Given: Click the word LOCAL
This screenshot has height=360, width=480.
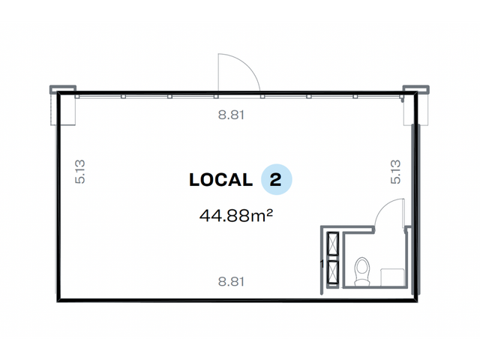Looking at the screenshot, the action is pyautogui.click(x=220, y=180).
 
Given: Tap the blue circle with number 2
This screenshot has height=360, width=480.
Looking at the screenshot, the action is pyautogui.click(x=277, y=179).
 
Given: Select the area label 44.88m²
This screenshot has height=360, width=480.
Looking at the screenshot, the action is pyautogui.click(x=236, y=215).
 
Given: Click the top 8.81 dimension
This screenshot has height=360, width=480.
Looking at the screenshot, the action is pyautogui.click(x=231, y=115).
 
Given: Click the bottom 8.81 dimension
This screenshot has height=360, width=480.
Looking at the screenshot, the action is pyautogui.click(x=231, y=281).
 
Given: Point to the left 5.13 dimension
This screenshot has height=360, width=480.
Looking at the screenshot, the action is pyautogui.click(x=80, y=172).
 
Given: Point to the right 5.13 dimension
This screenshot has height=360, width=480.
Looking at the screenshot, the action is pyautogui.click(x=395, y=172).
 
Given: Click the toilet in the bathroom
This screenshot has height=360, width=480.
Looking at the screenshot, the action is pyautogui.click(x=361, y=271).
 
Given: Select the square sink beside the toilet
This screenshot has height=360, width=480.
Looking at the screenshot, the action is pyautogui.click(x=392, y=277).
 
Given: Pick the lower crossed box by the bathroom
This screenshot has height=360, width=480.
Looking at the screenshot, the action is pyautogui.click(x=333, y=273).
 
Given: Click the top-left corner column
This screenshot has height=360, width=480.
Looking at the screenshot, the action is pyautogui.click(x=63, y=89).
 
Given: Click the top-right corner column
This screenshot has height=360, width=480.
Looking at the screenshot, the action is pyautogui.click(x=415, y=89).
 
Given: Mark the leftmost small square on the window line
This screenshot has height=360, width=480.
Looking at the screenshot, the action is pyautogui.click(x=77, y=97).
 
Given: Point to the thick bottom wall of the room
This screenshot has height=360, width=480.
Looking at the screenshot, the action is pyautogui.click(x=237, y=300).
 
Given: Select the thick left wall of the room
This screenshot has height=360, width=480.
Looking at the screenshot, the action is pyautogui.click(x=58, y=196).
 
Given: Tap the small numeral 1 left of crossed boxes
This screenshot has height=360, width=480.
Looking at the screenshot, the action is pyautogui.click(x=322, y=264).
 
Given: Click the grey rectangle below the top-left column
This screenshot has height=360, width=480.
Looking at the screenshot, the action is pyautogui.click(x=63, y=109).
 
